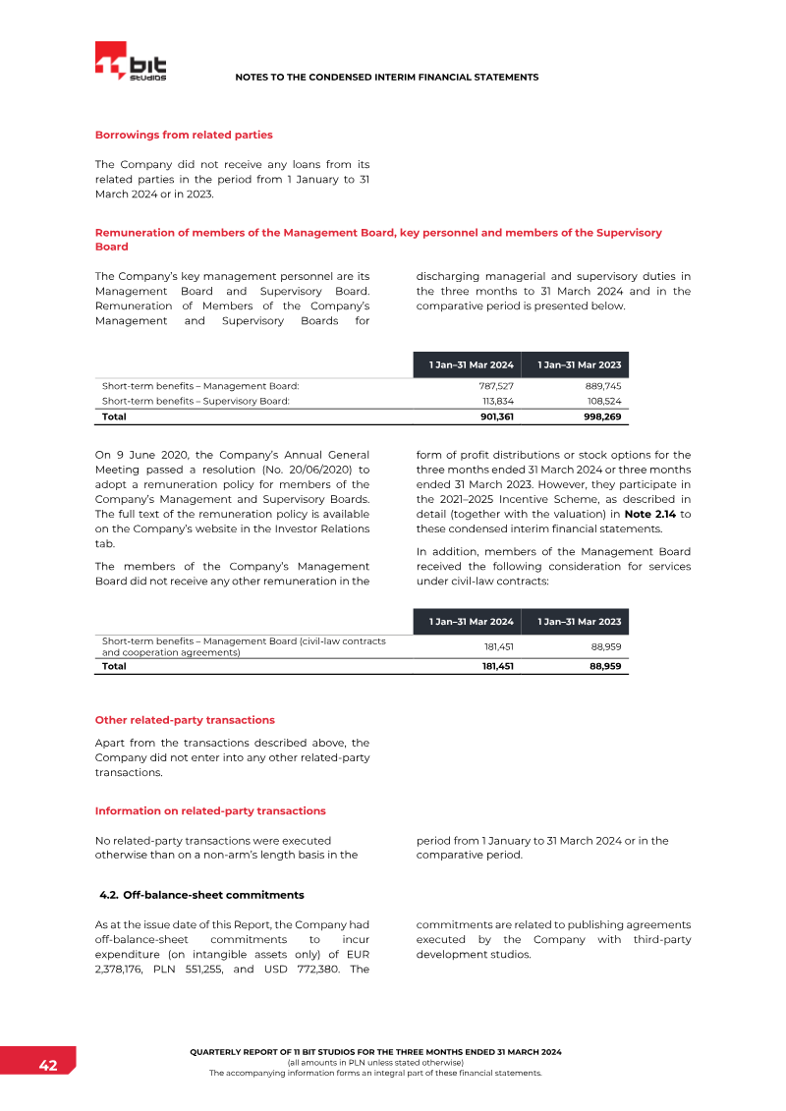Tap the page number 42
click(x=47, y=1066)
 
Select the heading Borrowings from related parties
click(x=184, y=135)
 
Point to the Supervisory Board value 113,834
click(x=496, y=401)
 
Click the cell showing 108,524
click(x=603, y=401)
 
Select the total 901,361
click(x=493, y=417)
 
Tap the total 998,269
click(x=600, y=417)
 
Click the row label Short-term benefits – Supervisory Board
click(x=196, y=401)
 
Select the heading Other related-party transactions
click(x=185, y=720)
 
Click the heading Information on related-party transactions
click(x=210, y=810)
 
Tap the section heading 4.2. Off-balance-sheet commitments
click(x=201, y=895)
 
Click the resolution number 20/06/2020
click(x=325, y=470)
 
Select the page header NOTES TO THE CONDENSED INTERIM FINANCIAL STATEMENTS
click(x=387, y=77)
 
